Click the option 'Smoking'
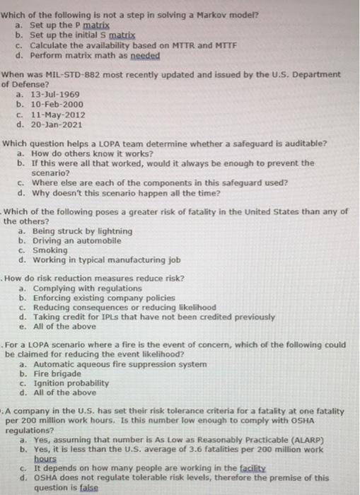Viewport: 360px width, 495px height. [47, 249]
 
